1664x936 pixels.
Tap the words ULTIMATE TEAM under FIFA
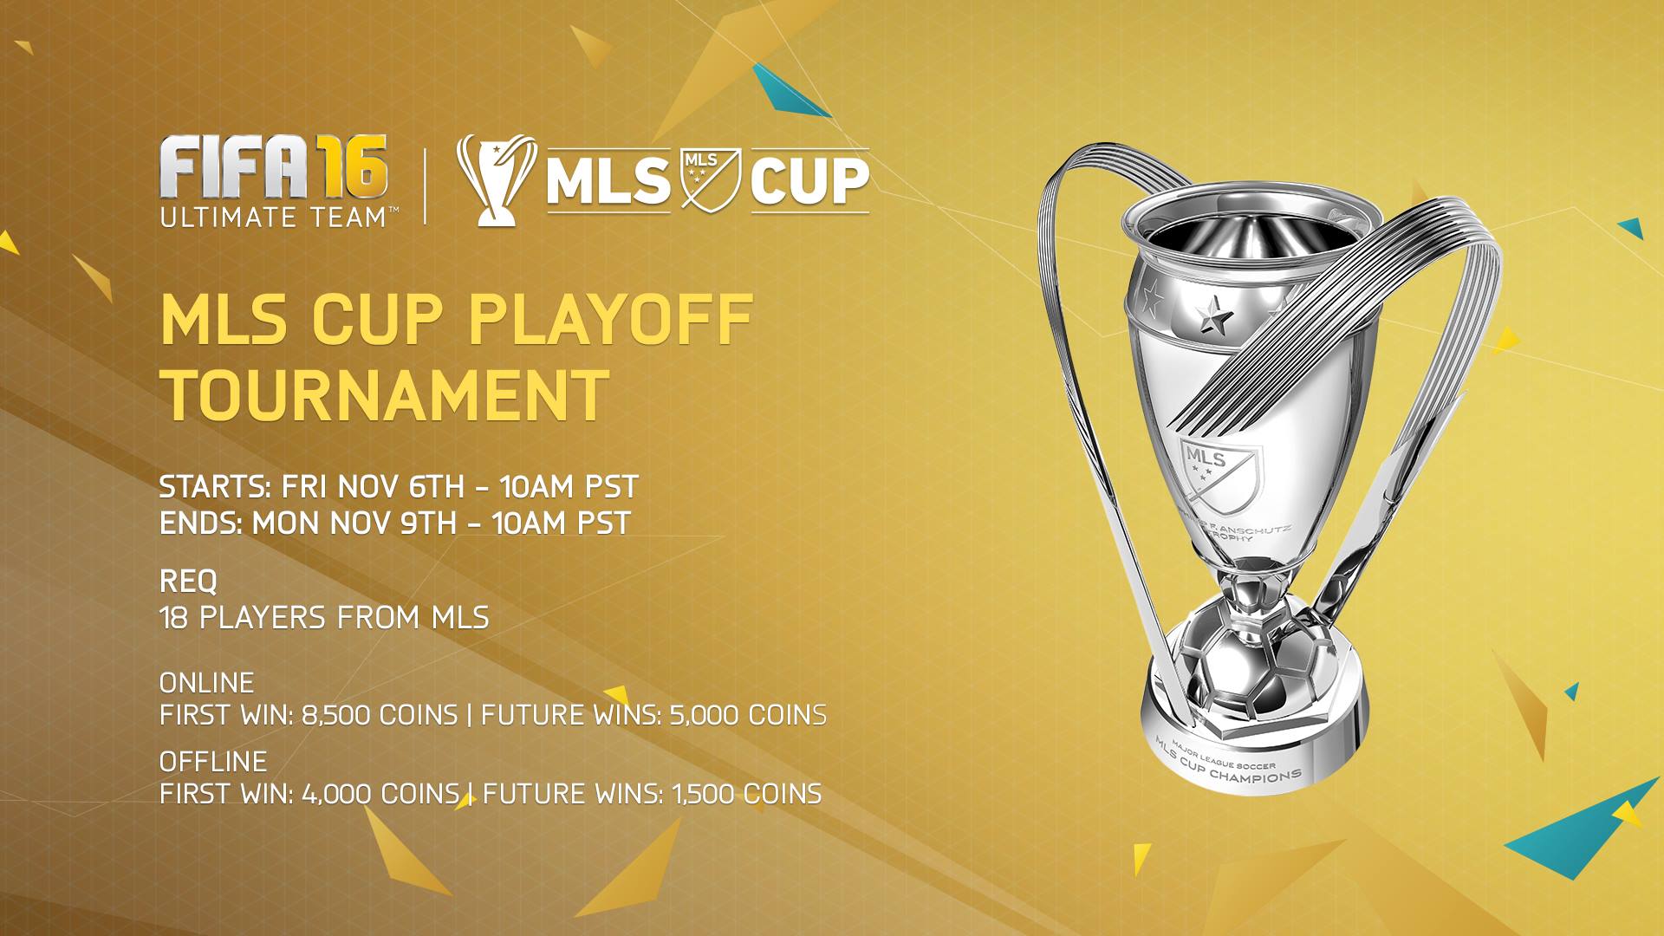[x=273, y=216]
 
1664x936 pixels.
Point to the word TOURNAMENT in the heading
[x=386, y=396]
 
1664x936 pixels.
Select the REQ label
[x=188, y=581]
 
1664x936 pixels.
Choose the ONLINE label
[x=207, y=683]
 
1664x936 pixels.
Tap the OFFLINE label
[x=213, y=762]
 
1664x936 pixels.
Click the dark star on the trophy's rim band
[x=1213, y=316]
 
